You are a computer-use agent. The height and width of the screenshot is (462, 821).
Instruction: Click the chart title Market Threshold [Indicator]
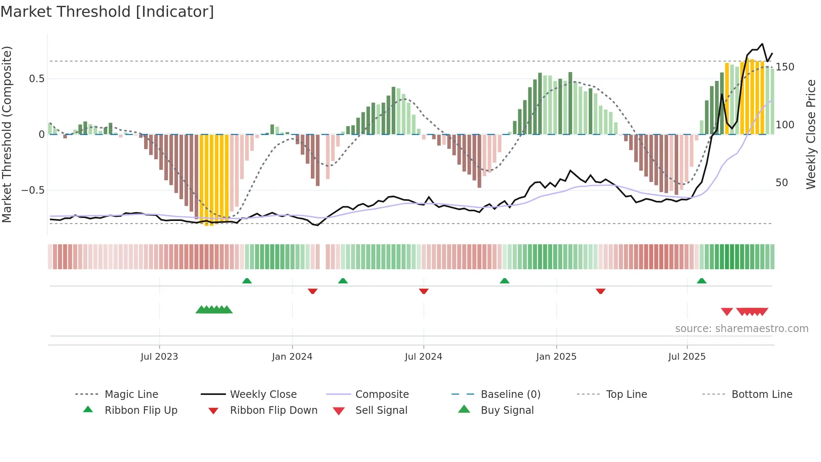click(x=107, y=12)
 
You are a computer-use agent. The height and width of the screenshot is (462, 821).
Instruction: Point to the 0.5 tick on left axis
click(x=36, y=79)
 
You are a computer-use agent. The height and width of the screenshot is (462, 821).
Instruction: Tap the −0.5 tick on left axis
click(x=33, y=190)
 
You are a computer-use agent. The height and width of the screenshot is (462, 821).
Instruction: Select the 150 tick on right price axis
click(x=785, y=67)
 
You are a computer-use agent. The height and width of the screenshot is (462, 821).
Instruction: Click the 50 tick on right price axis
click(x=782, y=183)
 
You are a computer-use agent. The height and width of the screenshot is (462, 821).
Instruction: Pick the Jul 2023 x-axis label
click(x=159, y=357)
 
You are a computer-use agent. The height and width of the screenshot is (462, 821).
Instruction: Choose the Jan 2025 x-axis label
click(x=556, y=357)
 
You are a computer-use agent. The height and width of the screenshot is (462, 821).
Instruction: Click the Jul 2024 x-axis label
click(x=423, y=357)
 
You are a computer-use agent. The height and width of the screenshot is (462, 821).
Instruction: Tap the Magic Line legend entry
click(x=131, y=395)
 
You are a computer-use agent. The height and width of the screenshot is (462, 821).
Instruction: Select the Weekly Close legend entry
click(x=263, y=395)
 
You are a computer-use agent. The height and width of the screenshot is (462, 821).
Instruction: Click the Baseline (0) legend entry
click(x=510, y=395)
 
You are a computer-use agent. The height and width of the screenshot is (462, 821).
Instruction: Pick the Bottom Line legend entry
click(x=762, y=395)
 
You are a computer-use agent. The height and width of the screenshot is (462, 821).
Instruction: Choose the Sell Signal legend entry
click(x=381, y=410)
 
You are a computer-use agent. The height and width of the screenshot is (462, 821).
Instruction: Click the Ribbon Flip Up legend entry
click(x=141, y=410)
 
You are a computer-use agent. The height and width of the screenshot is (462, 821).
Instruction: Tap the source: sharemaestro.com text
click(x=741, y=329)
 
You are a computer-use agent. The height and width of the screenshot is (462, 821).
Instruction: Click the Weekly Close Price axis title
click(x=811, y=134)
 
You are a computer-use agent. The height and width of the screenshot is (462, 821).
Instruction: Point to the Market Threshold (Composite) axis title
click(x=7, y=134)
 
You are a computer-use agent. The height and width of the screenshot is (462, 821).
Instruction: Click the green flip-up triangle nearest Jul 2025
click(x=702, y=281)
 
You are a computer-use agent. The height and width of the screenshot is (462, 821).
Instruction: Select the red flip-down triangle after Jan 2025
click(x=600, y=291)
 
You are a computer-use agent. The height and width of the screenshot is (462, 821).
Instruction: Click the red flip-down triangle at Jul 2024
click(x=423, y=291)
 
